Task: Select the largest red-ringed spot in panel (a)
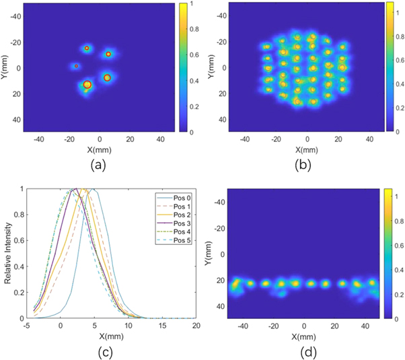87,85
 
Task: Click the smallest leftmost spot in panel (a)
76,66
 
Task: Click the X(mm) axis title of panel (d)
304,336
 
